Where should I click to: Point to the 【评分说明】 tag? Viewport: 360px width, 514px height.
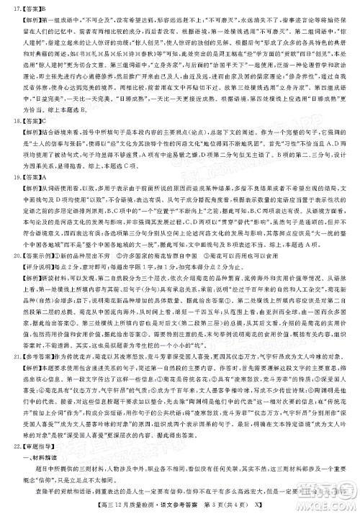coord(33,290)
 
